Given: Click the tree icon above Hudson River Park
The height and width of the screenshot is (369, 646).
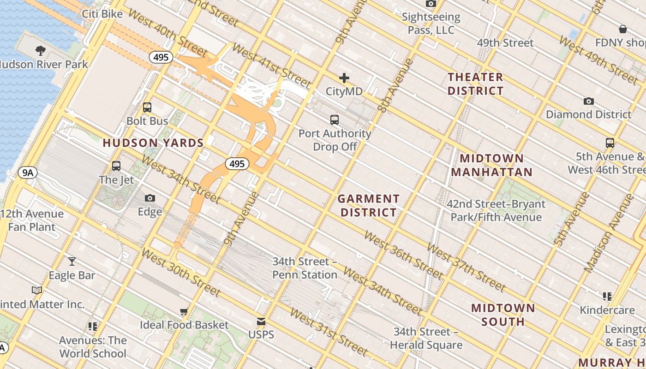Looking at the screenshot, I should pyautogui.click(x=41, y=50).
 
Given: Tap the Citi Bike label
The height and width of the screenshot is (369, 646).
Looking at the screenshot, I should pyautogui.click(x=102, y=14).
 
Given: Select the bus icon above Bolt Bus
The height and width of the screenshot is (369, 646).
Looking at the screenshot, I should pyautogui.click(x=147, y=107).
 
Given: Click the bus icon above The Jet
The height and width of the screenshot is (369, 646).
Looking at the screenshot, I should pyautogui.click(x=116, y=166).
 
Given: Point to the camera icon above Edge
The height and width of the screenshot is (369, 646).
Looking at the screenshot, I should pyautogui.click(x=150, y=198).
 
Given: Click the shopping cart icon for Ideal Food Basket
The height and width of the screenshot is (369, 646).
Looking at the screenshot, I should pyautogui.click(x=184, y=312).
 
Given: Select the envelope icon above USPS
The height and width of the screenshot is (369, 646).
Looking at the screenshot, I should pyautogui.click(x=261, y=321).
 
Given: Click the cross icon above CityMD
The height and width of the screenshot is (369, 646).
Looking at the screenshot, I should pyautogui.click(x=344, y=78).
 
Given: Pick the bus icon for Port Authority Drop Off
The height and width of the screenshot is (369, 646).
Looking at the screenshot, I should pyautogui.click(x=335, y=120).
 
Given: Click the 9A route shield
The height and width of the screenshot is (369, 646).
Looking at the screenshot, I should pyautogui.click(x=28, y=173).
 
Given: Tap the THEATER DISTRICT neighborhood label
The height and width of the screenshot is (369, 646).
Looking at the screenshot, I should pyautogui.click(x=475, y=84).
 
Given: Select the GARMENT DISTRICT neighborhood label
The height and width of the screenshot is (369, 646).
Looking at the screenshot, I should pyautogui.click(x=368, y=206).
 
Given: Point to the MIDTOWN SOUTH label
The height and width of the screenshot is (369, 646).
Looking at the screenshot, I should pyautogui.click(x=503, y=315).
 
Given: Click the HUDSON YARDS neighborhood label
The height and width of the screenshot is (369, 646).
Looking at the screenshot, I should pyautogui.click(x=153, y=143).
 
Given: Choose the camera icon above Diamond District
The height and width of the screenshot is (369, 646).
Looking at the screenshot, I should pyautogui.click(x=589, y=101).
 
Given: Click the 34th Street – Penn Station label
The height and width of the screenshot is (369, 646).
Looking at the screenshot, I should pyautogui.click(x=305, y=268).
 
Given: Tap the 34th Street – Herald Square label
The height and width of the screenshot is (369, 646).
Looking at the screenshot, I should pyautogui.click(x=426, y=338).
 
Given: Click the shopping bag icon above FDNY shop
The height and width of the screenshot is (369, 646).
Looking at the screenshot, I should pyautogui.click(x=623, y=30).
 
